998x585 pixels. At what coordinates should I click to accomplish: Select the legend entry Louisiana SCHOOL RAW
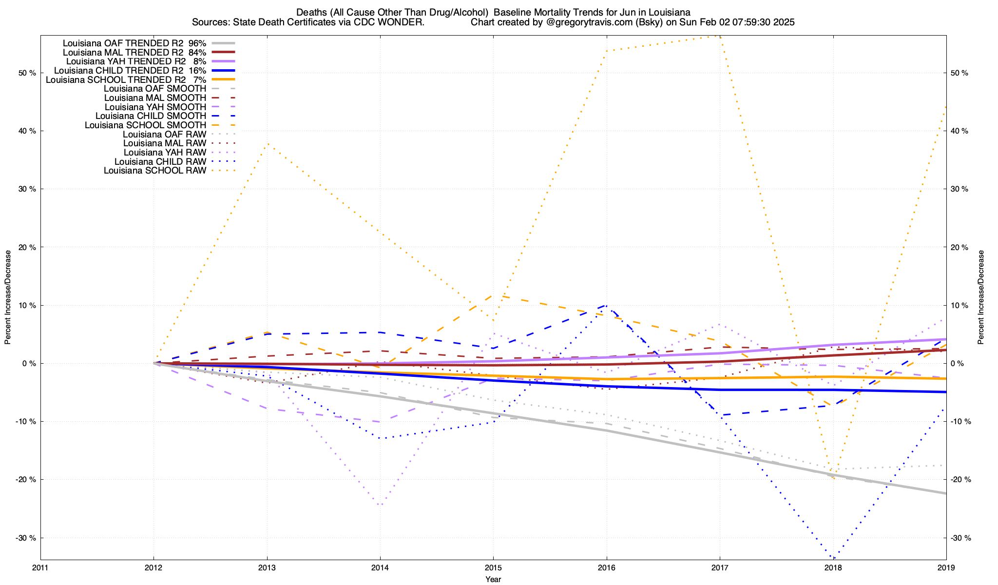155,171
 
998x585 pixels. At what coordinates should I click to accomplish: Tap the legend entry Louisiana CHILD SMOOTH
151,116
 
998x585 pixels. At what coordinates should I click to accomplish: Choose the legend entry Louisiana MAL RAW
165,143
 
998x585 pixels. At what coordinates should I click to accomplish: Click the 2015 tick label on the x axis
493,567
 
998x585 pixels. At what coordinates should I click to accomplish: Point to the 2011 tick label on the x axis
40,567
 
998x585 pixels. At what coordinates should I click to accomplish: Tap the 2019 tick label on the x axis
946,567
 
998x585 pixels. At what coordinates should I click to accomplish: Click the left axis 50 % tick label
27,73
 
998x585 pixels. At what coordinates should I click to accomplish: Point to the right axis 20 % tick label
960,247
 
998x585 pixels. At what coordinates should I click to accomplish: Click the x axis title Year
493,579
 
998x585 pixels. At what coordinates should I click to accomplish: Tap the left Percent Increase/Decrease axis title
8,297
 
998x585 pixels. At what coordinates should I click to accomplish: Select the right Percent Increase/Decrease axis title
981,297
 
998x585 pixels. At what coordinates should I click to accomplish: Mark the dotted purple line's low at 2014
380,505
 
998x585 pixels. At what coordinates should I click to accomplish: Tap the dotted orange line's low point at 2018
833,479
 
